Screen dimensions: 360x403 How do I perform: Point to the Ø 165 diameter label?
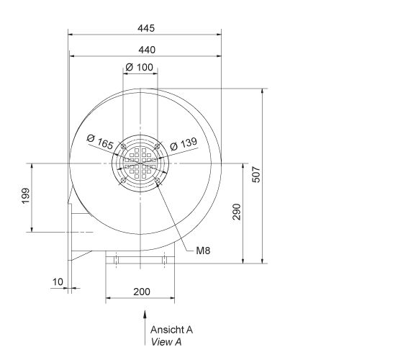click(x=101, y=141)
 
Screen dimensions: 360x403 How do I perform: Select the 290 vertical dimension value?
click(x=237, y=212)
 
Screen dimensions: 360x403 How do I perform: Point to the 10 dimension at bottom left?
click(x=58, y=281)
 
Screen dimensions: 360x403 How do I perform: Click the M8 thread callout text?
click(x=202, y=251)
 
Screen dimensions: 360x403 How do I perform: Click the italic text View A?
click(x=166, y=341)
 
